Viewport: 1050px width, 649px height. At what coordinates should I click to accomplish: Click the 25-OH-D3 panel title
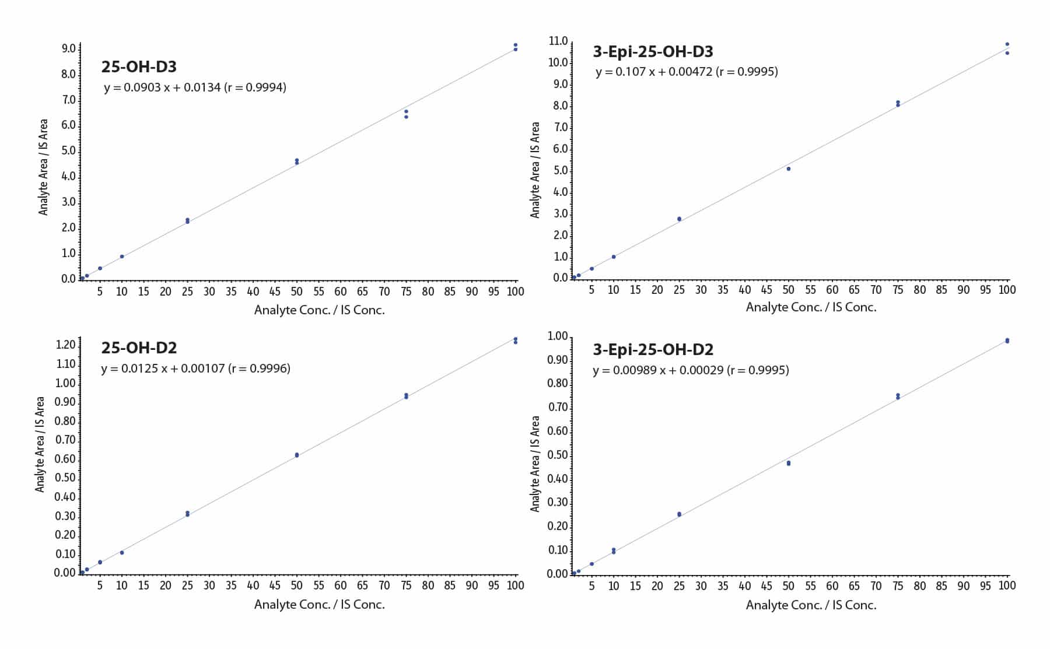click(x=139, y=67)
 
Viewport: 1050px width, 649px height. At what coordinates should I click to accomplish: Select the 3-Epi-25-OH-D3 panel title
click(x=653, y=52)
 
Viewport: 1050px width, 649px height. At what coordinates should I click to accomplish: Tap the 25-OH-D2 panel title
click(x=139, y=348)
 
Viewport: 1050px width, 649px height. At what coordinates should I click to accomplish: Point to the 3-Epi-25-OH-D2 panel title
click(x=653, y=350)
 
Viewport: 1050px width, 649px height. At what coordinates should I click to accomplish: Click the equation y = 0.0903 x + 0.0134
click(x=195, y=87)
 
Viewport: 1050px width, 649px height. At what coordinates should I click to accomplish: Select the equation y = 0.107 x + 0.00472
click(x=687, y=72)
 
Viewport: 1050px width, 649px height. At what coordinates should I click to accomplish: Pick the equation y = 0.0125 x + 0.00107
click(x=195, y=369)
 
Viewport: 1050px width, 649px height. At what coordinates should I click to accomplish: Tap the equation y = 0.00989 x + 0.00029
click(x=691, y=370)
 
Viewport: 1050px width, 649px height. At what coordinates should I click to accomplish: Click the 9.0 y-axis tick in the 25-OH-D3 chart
click(x=68, y=49)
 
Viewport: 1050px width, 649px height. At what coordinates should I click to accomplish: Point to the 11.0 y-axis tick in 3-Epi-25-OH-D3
click(x=558, y=41)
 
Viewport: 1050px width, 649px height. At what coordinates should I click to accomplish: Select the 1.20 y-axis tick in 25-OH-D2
click(x=65, y=345)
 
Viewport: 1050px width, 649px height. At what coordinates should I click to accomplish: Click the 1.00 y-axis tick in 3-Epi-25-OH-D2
click(x=557, y=336)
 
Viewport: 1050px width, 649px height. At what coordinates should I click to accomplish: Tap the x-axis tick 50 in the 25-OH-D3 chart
click(x=296, y=292)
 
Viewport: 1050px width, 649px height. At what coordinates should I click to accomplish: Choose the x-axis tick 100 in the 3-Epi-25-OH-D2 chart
click(x=1007, y=585)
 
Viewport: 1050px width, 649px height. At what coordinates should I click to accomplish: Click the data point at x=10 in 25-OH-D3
click(x=122, y=257)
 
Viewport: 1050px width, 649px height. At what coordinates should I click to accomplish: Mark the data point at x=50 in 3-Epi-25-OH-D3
click(x=789, y=169)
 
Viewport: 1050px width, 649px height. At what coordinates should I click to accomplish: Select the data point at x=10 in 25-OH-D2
click(x=122, y=553)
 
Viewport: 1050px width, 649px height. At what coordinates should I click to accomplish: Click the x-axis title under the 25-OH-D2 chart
click(x=319, y=605)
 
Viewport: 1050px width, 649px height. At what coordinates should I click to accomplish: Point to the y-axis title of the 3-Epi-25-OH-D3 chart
click(x=535, y=170)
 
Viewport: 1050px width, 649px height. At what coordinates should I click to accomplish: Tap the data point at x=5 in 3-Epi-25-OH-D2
click(x=591, y=564)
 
